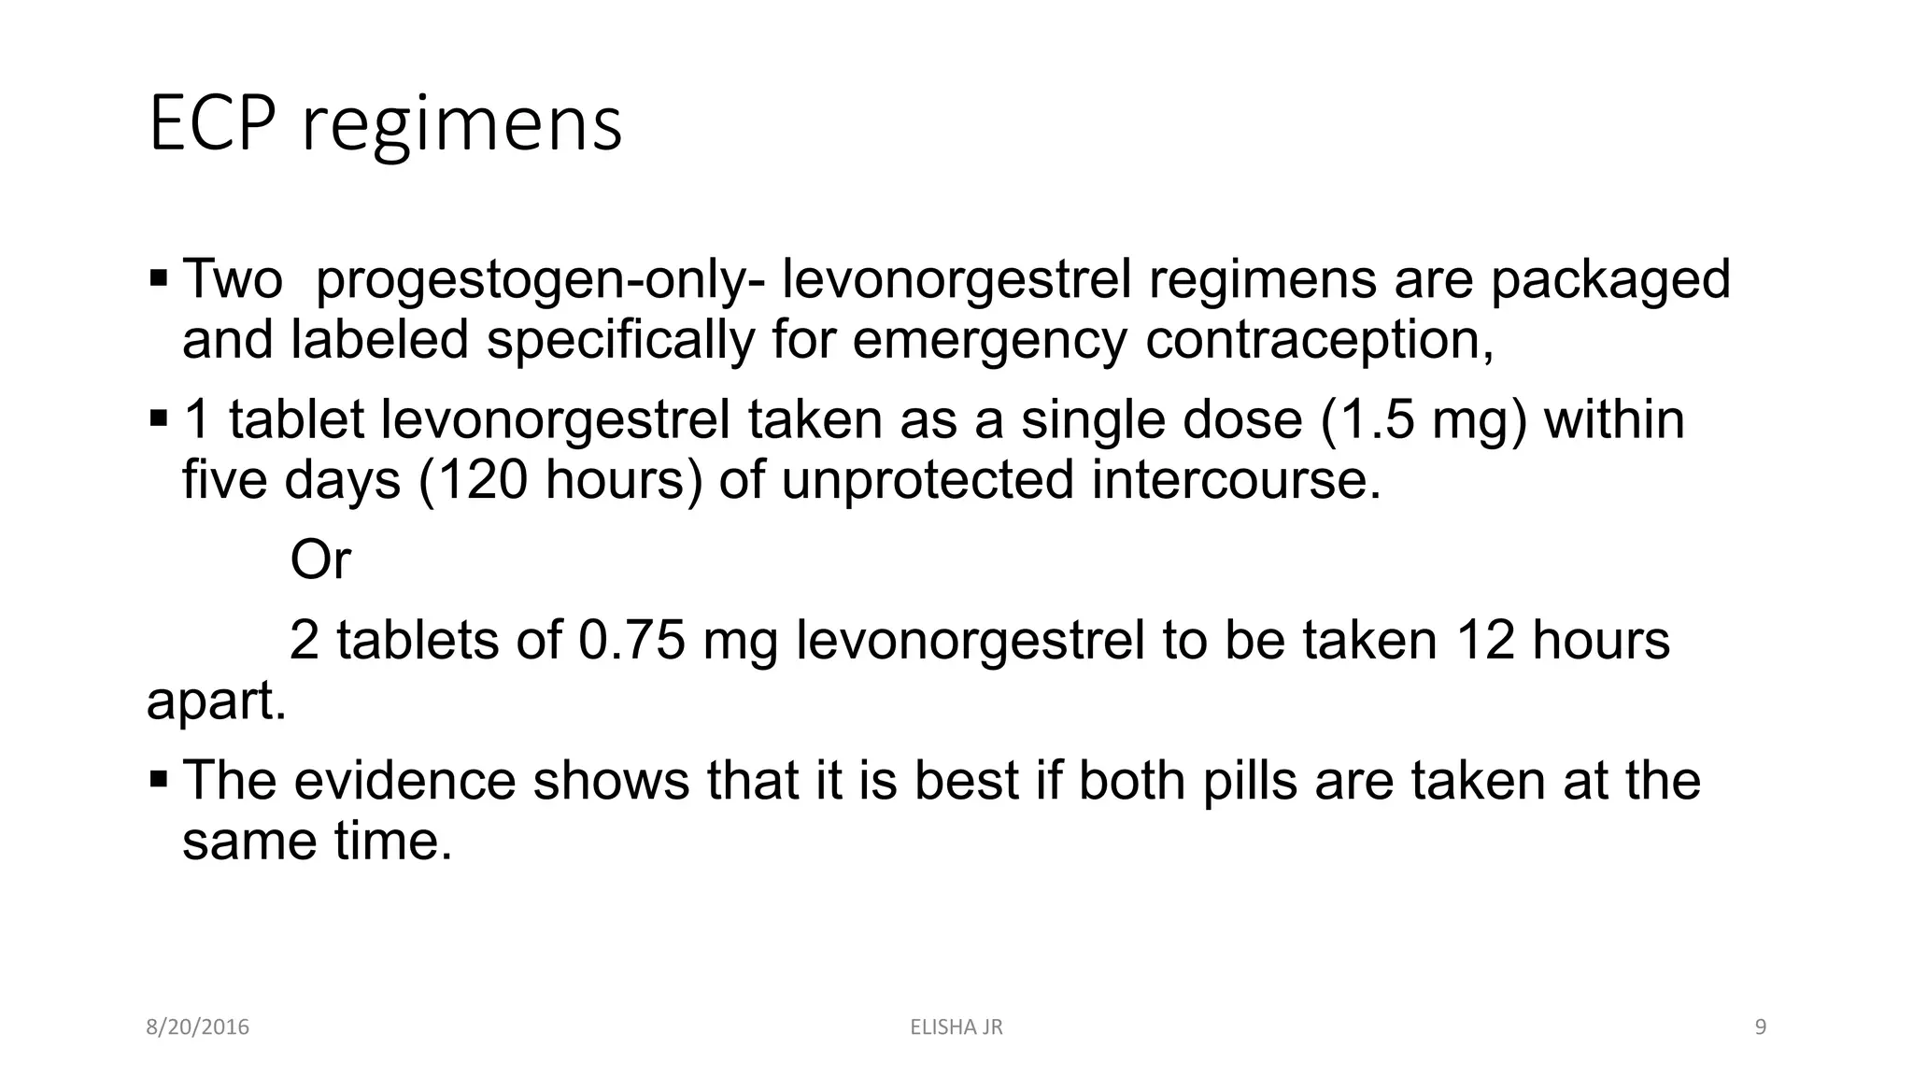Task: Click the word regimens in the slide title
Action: pos(461,126)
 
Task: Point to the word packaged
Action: pos(1610,280)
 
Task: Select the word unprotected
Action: pos(928,480)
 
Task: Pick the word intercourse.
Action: pos(1235,480)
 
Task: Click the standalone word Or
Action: pos(320,560)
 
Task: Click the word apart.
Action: pos(216,702)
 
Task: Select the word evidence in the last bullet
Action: pos(404,781)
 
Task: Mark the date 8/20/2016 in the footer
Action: pos(198,1027)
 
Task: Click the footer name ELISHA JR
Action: pos(956,1027)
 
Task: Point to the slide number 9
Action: pos(1761,1027)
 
